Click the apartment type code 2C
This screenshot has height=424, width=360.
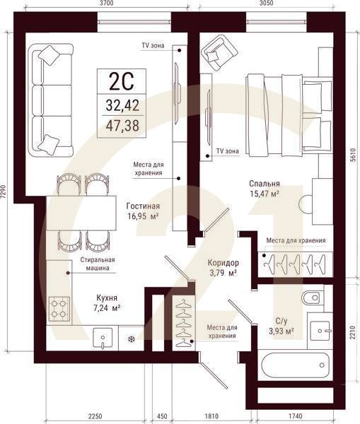tap(117, 83)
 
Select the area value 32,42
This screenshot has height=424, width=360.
tap(117, 106)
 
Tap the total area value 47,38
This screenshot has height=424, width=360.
tap(117, 126)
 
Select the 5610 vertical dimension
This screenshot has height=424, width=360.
tap(353, 160)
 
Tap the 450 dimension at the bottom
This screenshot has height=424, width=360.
tap(161, 416)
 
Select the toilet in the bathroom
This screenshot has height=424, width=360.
tap(311, 298)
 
